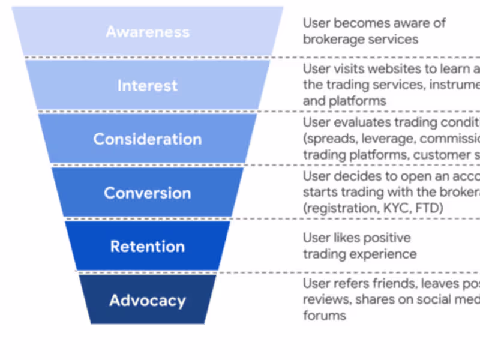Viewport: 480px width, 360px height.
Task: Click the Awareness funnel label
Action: pyautogui.click(x=148, y=32)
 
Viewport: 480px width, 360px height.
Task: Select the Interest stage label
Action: pyautogui.click(x=148, y=85)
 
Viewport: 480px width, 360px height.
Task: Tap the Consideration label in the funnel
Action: pyautogui.click(x=148, y=139)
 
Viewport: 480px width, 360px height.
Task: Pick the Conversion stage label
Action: pyautogui.click(x=148, y=193)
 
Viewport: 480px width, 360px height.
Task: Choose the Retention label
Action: pyautogui.click(x=148, y=247)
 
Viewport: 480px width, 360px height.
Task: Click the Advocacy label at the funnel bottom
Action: pyautogui.click(x=148, y=300)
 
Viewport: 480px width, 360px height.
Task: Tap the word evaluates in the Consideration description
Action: pyautogui.click(x=362, y=122)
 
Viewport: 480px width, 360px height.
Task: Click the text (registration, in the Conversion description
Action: pyautogui.click(x=341, y=208)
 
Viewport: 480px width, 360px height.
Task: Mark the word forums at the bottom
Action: pyautogui.click(x=324, y=315)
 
